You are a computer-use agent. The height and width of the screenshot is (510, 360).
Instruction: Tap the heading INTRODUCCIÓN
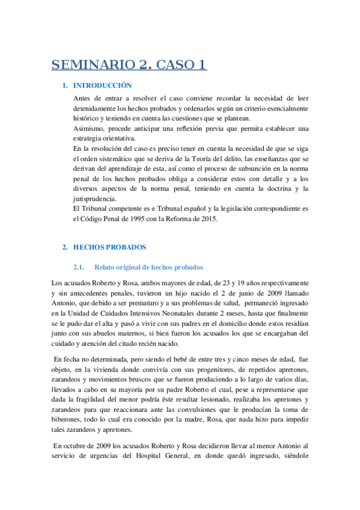(103, 85)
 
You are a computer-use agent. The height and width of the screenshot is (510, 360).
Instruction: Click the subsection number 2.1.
(81, 266)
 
